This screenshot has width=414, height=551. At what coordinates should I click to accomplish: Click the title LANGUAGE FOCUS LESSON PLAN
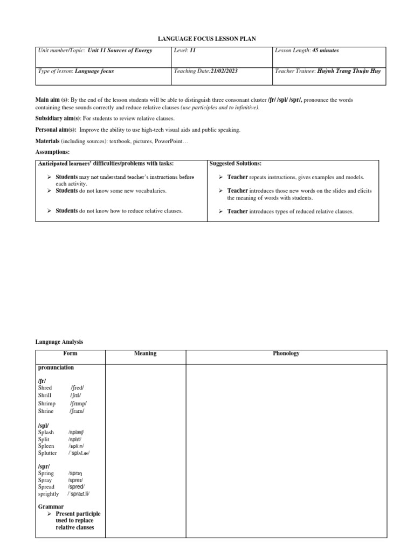(x=207, y=39)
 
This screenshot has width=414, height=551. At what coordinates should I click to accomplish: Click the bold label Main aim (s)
(x=52, y=100)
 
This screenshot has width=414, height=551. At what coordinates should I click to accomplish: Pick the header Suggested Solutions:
(x=235, y=164)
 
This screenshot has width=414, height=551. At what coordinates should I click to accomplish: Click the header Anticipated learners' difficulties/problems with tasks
(x=106, y=164)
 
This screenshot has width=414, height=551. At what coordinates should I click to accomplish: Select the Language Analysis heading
(x=59, y=342)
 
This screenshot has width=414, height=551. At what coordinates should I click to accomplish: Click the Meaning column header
(x=145, y=354)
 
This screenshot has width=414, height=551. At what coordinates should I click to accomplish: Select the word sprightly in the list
(x=49, y=494)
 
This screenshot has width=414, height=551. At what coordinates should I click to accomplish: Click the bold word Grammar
(x=51, y=507)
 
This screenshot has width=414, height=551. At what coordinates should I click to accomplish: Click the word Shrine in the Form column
(x=46, y=411)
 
